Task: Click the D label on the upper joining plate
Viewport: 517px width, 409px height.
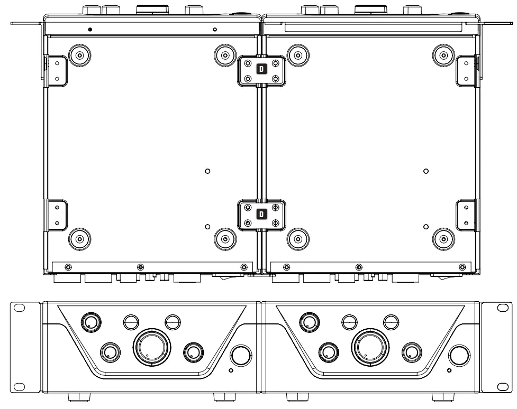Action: [261, 69]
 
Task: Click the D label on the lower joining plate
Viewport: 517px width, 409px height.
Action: [261, 215]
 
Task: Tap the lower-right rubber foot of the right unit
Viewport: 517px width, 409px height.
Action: [442, 239]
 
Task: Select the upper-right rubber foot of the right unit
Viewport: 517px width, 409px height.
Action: [442, 54]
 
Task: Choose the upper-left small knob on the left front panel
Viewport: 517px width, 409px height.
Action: [90, 322]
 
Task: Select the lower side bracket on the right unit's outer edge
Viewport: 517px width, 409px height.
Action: [466, 216]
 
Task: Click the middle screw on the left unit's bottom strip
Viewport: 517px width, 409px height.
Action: [140, 266]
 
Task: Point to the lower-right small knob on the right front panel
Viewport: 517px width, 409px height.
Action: [411, 352]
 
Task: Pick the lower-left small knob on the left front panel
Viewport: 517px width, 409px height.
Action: [110, 351]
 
